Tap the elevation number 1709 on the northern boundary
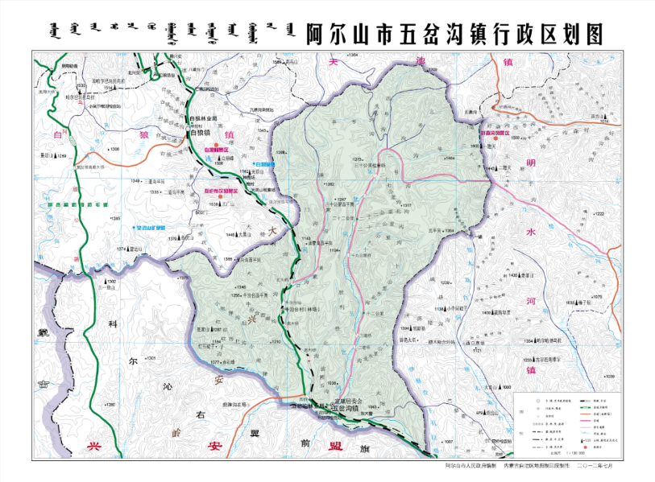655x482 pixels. pyautogui.click(x=432, y=71)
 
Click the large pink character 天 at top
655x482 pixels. pyautogui.click(x=334, y=61)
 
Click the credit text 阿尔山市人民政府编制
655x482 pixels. pyautogui.click(x=471, y=466)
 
